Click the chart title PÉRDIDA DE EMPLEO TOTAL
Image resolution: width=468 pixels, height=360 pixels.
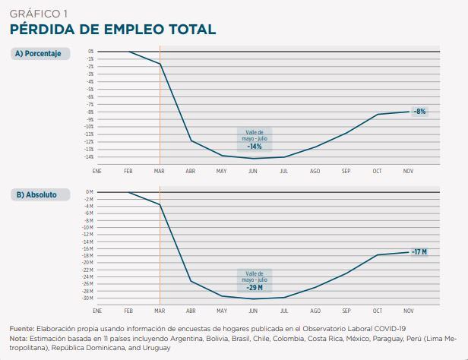pyautogui.click(x=112, y=29)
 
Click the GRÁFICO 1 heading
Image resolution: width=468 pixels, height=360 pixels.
pyautogui.click(x=39, y=13)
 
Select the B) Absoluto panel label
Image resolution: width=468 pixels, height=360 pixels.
pyautogui.click(x=36, y=194)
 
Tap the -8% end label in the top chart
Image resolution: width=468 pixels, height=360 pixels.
pyautogui.click(x=419, y=111)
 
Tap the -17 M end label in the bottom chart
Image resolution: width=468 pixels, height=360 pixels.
pyautogui.click(x=419, y=251)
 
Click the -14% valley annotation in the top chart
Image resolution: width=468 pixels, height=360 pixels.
pyautogui.click(x=255, y=146)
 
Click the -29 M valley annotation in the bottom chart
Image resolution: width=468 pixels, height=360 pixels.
pyautogui.click(x=255, y=287)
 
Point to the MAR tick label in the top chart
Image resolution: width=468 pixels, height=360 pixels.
pyautogui.click(x=159, y=172)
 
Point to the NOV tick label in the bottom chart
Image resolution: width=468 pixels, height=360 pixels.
pyautogui.click(x=408, y=311)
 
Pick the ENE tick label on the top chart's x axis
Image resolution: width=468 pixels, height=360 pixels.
pyautogui.click(x=97, y=172)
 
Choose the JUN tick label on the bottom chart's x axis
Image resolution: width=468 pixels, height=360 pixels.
pyautogui.click(x=252, y=311)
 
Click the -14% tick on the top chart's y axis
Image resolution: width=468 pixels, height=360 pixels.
pyautogui.click(x=89, y=157)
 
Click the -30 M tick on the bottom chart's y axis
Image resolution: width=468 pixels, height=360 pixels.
pyautogui.click(x=88, y=298)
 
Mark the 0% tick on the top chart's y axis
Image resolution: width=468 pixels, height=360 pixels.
pyautogui.click(x=90, y=52)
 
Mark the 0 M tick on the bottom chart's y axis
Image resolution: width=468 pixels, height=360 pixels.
pyautogui.click(x=89, y=192)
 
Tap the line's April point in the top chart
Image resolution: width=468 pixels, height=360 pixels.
pyautogui.click(x=191, y=141)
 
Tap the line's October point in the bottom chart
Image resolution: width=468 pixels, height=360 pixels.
pyautogui.click(x=378, y=255)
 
